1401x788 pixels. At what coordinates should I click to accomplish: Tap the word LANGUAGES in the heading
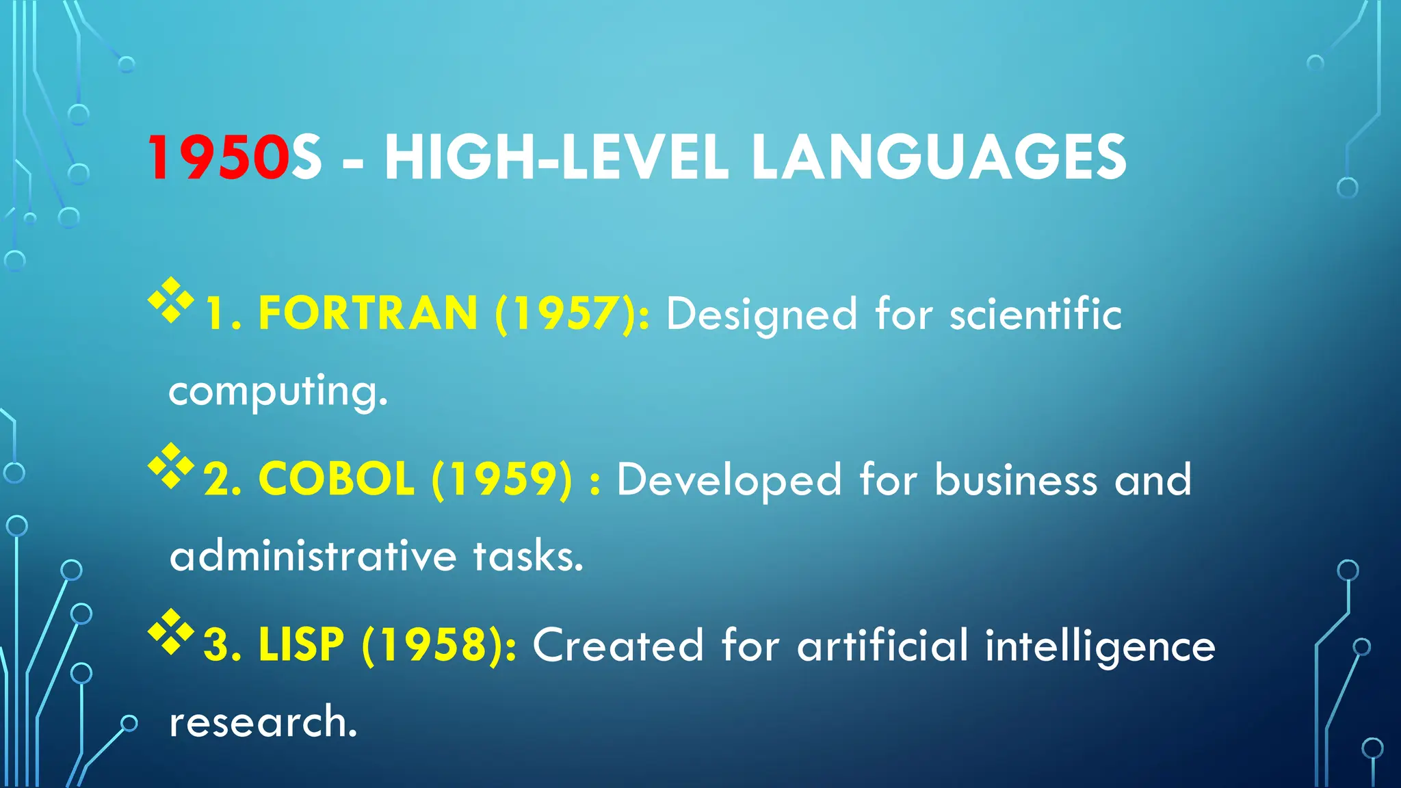pyautogui.click(x=938, y=158)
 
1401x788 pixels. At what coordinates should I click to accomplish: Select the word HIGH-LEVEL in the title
pyautogui.click(x=555, y=158)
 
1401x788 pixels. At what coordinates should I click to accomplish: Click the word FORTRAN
pyautogui.click(x=368, y=314)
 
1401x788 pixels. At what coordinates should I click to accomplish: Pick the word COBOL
pyautogui.click(x=337, y=479)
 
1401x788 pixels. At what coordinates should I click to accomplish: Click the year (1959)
pyautogui.click(x=501, y=479)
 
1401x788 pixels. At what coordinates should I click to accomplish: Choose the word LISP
pyautogui.click(x=301, y=644)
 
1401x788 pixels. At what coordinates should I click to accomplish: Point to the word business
pyautogui.click(x=1016, y=479)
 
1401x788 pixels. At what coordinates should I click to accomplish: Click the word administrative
pyautogui.click(x=313, y=555)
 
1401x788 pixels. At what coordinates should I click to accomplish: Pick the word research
pyautogui.click(x=263, y=722)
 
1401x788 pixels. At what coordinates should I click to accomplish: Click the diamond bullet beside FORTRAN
pyautogui.click(x=171, y=300)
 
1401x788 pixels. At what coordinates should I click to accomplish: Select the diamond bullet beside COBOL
pyautogui.click(x=171, y=465)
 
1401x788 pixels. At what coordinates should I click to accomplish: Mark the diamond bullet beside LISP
pyautogui.click(x=171, y=631)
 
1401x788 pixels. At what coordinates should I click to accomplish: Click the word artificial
pyautogui.click(x=882, y=644)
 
